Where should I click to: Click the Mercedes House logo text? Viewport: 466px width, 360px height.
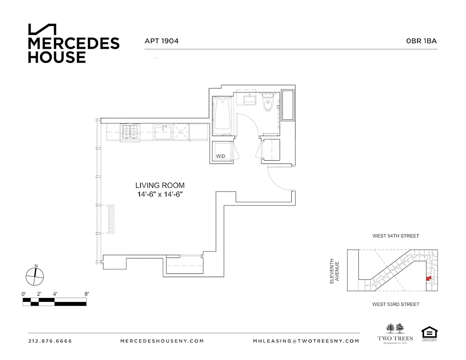[73, 50]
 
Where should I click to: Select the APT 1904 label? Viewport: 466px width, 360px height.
[162, 41]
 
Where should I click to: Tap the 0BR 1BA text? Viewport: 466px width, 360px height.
[421, 41]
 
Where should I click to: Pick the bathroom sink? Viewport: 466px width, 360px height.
[249, 98]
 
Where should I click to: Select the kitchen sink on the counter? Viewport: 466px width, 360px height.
[163, 131]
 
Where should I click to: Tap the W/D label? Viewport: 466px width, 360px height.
[221, 157]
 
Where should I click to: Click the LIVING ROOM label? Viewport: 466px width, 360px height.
[160, 185]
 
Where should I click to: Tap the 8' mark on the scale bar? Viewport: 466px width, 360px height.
[86, 294]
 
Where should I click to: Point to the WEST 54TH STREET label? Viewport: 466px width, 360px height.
[395, 236]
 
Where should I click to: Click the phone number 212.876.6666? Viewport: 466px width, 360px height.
[50, 341]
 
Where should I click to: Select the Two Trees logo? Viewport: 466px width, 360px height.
[394, 333]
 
